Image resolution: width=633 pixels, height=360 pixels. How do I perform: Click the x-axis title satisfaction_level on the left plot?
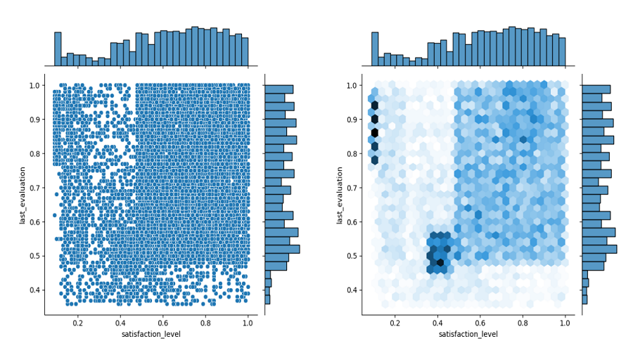pos(151,334)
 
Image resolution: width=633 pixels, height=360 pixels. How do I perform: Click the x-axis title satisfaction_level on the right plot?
pos(468,334)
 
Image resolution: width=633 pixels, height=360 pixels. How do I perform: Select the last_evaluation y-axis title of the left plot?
pos(23,195)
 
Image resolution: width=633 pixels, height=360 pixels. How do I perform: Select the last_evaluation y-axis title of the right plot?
pos(340,195)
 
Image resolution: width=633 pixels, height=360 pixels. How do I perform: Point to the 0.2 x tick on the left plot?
pos(78,323)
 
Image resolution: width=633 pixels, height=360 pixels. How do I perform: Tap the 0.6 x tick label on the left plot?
pos(163,323)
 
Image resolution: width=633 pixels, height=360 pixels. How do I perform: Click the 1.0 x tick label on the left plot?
pos(248,323)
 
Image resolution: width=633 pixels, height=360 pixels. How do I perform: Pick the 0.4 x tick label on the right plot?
pos(437,323)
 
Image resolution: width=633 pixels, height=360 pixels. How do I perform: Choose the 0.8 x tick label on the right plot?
pos(523,323)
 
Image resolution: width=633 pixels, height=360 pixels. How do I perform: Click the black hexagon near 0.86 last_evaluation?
pos(375,132)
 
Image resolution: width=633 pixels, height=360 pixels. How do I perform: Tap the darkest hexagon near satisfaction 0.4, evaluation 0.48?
pos(440,263)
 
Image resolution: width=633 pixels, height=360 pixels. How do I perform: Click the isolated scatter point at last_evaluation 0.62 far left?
pos(54,215)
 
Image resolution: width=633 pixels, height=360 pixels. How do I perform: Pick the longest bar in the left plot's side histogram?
pos(282,249)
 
